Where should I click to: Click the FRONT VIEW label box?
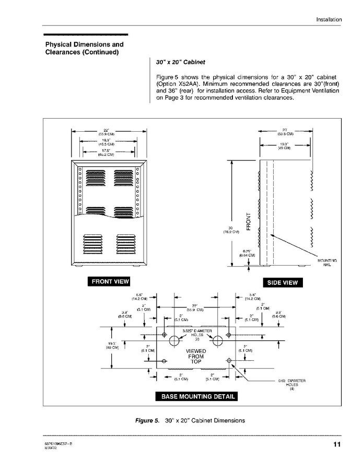click(x=110, y=282)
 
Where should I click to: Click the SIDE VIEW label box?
click(x=283, y=283)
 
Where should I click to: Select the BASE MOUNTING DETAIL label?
click(x=198, y=397)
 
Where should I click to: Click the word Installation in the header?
click(x=329, y=20)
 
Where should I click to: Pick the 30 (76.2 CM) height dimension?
click(x=230, y=229)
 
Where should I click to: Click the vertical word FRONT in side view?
click(x=249, y=220)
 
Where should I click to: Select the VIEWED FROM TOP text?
click(x=196, y=356)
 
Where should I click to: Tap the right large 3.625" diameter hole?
click(x=217, y=342)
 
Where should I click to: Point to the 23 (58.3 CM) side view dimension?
click(x=285, y=132)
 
